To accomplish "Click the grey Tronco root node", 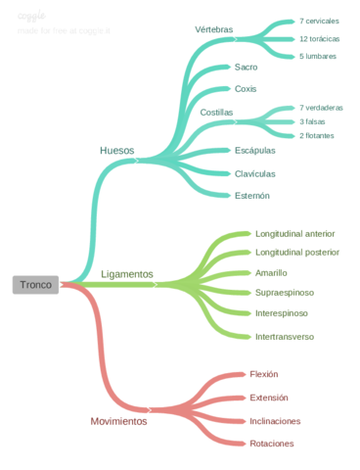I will (35, 285).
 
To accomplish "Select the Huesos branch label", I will (117, 150).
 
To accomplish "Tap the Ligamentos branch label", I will (127, 275).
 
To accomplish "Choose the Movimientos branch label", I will (118, 421).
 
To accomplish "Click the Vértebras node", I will (214, 29).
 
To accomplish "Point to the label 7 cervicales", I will (320, 21).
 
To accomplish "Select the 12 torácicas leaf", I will (320, 38).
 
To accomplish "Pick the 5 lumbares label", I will (318, 56).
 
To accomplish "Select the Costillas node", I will (217, 113).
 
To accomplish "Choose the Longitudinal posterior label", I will (297, 252).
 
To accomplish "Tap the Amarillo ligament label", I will (271, 272).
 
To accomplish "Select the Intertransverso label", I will (285, 336).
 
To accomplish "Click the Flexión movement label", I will (264, 374).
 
